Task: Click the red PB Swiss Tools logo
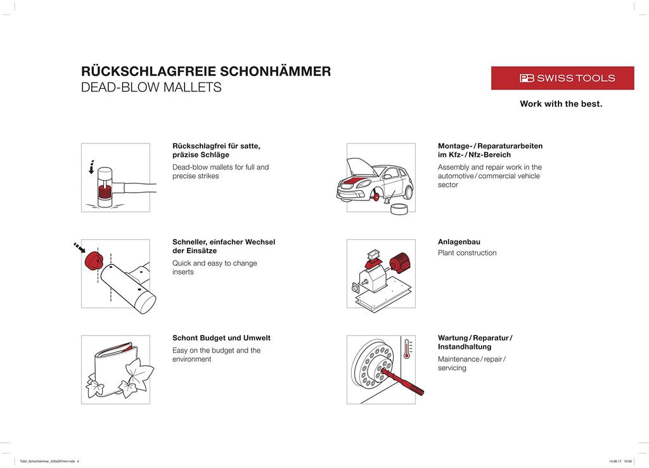tap(562, 78)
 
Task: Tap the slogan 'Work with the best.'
tap(561, 104)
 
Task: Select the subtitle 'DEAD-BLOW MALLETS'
tap(151, 88)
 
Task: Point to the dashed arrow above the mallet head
tap(92, 166)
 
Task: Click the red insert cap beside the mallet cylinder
tap(94, 259)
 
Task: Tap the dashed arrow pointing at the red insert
tap(79, 247)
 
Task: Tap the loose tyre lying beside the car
tap(399, 210)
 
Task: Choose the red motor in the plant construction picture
tap(399, 263)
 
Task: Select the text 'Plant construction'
tap(467, 253)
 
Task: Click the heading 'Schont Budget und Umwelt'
tap(221, 338)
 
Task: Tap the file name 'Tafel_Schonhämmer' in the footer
tap(48, 462)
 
